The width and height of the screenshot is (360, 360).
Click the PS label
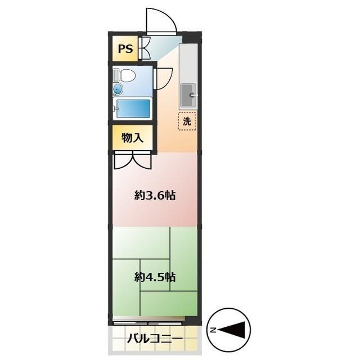click(125, 49)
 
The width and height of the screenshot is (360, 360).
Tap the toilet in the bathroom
click(127, 75)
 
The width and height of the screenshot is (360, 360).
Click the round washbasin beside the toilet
click(118, 89)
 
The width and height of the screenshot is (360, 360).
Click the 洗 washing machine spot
click(187, 121)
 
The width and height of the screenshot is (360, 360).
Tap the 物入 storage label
click(132, 138)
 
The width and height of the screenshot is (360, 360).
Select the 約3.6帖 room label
click(154, 196)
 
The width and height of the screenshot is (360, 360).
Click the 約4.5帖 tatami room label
click(154, 277)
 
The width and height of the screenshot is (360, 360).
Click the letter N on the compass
click(213, 330)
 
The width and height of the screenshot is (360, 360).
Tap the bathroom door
click(164, 78)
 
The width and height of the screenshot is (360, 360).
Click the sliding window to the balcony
click(149, 322)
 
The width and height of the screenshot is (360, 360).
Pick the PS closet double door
click(145, 48)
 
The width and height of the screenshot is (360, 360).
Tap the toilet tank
click(116, 75)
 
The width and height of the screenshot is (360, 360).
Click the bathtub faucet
click(115, 107)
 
